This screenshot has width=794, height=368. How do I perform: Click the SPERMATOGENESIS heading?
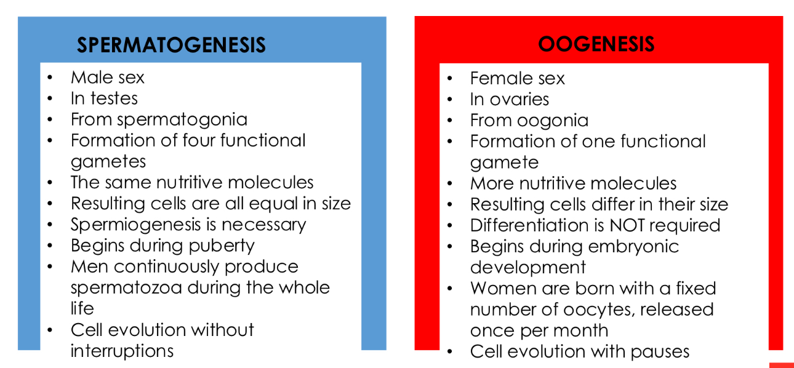pos(171,45)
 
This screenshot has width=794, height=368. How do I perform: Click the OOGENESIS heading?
pos(596,44)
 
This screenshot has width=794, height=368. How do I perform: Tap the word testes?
pos(113,98)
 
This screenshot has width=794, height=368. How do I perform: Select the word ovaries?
pos(518,99)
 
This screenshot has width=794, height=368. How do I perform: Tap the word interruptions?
pos(122,351)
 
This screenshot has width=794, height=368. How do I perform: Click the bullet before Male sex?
pos(50,78)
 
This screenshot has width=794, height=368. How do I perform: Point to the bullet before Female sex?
pos(450,79)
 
